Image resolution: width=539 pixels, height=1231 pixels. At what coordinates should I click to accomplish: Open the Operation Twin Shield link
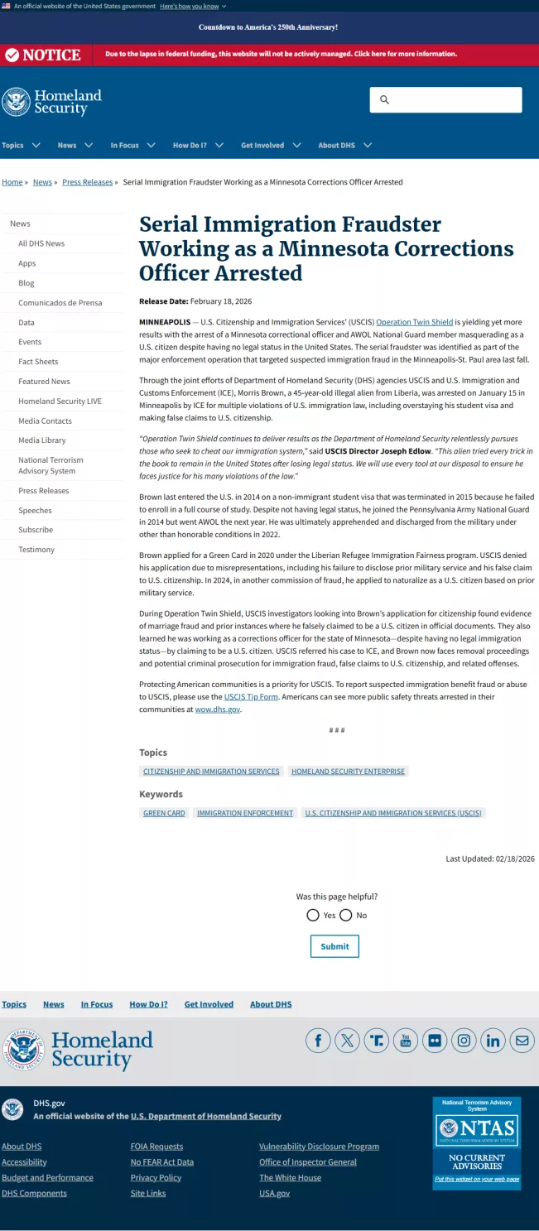tap(414, 322)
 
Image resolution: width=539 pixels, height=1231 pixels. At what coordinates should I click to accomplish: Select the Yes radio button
tap(313, 915)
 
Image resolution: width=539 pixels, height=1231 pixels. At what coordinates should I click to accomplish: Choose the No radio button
tap(346, 915)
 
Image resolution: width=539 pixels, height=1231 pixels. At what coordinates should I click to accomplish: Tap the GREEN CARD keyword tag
tap(164, 813)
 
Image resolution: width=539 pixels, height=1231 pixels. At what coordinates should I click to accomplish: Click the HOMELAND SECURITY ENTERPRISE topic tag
tap(348, 772)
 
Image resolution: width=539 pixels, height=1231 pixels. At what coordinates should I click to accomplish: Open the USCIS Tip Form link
tap(251, 697)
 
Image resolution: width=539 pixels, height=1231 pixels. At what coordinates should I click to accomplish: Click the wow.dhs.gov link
tap(217, 709)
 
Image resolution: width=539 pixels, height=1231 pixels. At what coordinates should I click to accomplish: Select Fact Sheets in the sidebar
tap(38, 362)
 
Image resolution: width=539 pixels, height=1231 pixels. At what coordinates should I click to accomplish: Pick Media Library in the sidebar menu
tap(41, 440)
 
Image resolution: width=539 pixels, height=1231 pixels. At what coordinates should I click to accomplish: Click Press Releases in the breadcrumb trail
tap(87, 182)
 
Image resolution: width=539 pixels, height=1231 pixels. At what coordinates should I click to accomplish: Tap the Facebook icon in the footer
tap(318, 1041)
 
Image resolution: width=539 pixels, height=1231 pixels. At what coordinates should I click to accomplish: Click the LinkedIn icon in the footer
tap(493, 1041)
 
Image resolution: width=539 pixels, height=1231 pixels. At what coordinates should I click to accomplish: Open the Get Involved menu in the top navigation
tap(271, 146)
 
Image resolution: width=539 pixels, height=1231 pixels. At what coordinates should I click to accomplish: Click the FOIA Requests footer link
tap(156, 1147)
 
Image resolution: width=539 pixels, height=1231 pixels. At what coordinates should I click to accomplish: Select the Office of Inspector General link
tap(307, 1162)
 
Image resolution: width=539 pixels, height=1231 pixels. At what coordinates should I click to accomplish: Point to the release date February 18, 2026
tap(221, 301)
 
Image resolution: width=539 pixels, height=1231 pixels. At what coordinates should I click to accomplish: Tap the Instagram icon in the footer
tap(464, 1041)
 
